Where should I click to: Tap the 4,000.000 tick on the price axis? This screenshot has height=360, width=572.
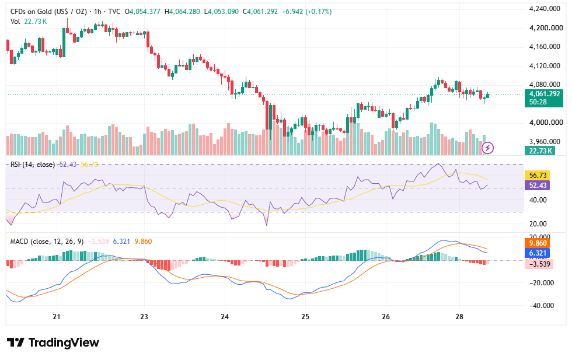[x=546, y=123]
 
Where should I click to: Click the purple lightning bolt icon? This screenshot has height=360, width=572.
[x=488, y=148]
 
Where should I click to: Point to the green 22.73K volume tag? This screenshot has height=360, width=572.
[x=539, y=151]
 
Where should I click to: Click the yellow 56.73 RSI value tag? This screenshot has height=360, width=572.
[x=538, y=176]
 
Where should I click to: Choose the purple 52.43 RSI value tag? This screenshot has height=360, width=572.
[x=538, y=186]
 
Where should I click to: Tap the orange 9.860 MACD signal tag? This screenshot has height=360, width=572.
[x=538, y=243]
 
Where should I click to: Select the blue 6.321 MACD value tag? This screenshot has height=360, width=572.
[x=538, y=253]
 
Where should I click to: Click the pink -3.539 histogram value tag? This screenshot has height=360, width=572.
[x=539, y=264]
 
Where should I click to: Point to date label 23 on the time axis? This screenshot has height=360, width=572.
[x=144, y=317]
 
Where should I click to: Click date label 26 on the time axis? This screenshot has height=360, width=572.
[x=386, y=317]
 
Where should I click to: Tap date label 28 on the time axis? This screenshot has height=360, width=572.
[x=459, y=317]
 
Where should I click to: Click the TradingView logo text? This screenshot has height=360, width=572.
[x=64, y=342]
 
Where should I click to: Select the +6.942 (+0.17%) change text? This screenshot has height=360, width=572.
[x=306, y=12]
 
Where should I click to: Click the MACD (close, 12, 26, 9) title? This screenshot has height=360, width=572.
[x=47, y=242]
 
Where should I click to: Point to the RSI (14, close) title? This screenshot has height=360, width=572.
[x=33, y=165]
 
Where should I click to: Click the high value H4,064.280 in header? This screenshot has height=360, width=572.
[x=182, y=12]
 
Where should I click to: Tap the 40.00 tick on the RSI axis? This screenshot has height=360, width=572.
[x=538, y=200]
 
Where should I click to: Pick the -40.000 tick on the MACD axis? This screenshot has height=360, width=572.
[x=542, y=306]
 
